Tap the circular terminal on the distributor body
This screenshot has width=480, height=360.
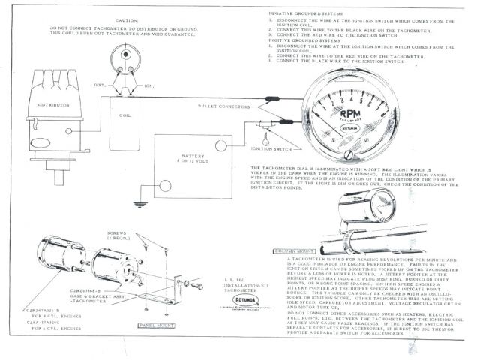coord(69,130)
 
